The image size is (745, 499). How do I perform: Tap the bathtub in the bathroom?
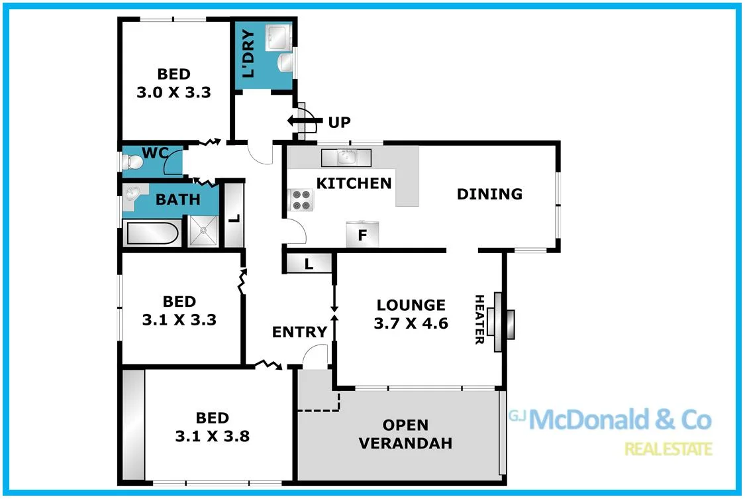[x=150, y=233]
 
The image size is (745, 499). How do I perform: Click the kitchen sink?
[x=346, y=158]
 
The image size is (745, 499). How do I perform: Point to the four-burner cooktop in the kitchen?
[x=301, y=199]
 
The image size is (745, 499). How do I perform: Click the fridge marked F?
[x=362, y=235]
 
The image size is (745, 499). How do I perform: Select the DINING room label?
[x=489, y=194]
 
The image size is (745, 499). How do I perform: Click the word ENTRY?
[x=299, y=332]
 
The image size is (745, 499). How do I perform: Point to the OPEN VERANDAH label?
[x=405, y=434]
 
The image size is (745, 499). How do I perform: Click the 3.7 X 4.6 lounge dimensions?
[x=411, y=324]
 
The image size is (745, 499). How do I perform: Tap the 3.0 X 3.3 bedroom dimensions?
[x=174, y=93]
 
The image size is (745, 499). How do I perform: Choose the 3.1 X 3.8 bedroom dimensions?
[x=212, y=437]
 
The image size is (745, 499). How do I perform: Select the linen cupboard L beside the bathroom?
[x=234, y=216]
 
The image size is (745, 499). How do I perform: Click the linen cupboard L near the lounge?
[x=309, y=264]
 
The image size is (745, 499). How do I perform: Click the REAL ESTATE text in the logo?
[x=669, y=449]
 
